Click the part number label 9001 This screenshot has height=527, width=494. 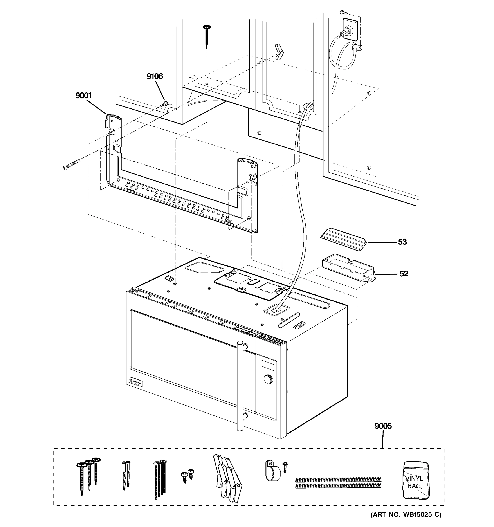[83, 96]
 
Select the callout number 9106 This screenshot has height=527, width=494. [155, 76]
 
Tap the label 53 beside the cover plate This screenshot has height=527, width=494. [402, 242]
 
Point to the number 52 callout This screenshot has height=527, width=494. [403, 274]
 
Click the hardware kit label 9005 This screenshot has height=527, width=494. [383, 426]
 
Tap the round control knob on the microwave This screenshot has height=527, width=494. [269, 380]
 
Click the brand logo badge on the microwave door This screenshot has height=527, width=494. [135, 382]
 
